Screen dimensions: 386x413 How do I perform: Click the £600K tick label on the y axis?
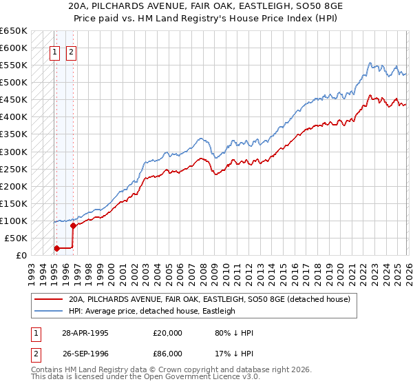click(14, 48)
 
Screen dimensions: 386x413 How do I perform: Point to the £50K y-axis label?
click(16, 238)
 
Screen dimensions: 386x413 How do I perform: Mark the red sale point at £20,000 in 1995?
click(56, 248)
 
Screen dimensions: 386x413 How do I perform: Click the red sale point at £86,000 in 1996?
click(73, 225)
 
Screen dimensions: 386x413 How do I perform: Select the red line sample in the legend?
click(49, 299)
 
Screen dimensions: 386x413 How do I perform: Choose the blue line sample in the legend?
click(49, 311)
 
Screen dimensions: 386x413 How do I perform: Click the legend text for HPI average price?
click(152, 311)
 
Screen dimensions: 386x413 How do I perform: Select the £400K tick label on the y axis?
click(14, 116)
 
